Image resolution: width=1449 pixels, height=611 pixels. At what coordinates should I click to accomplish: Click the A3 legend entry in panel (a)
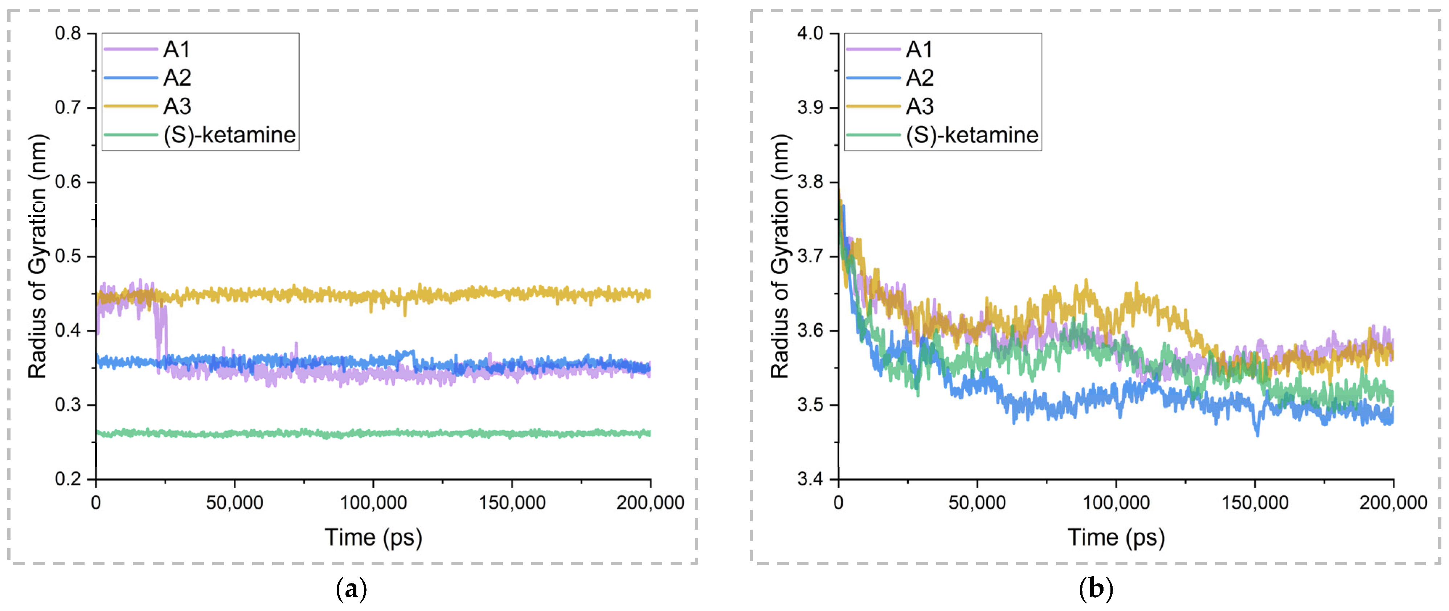click(177, 106)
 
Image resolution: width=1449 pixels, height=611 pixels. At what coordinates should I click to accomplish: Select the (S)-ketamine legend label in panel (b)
click(971, 135)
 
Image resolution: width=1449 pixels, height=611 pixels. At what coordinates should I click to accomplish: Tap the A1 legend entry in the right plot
click(919, 49)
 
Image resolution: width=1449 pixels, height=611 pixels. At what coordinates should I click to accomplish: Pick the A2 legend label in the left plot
click(177, 78)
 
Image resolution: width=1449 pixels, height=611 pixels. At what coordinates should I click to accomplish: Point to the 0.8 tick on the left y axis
click(68, 34)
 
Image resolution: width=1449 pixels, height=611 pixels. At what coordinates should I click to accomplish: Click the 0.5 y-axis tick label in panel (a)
click(68, 257)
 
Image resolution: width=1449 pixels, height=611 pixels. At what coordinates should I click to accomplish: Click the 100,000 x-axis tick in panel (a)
click(373, 502)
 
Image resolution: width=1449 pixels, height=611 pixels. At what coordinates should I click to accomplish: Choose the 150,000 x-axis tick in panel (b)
click(1255, 502)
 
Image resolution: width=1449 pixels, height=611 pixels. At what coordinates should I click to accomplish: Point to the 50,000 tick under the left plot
click(234, 502)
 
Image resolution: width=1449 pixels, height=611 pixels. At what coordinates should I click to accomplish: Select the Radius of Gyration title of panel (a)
click(38, 257)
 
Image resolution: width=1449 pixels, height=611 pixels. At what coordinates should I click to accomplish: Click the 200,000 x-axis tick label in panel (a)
click(650, 502)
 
